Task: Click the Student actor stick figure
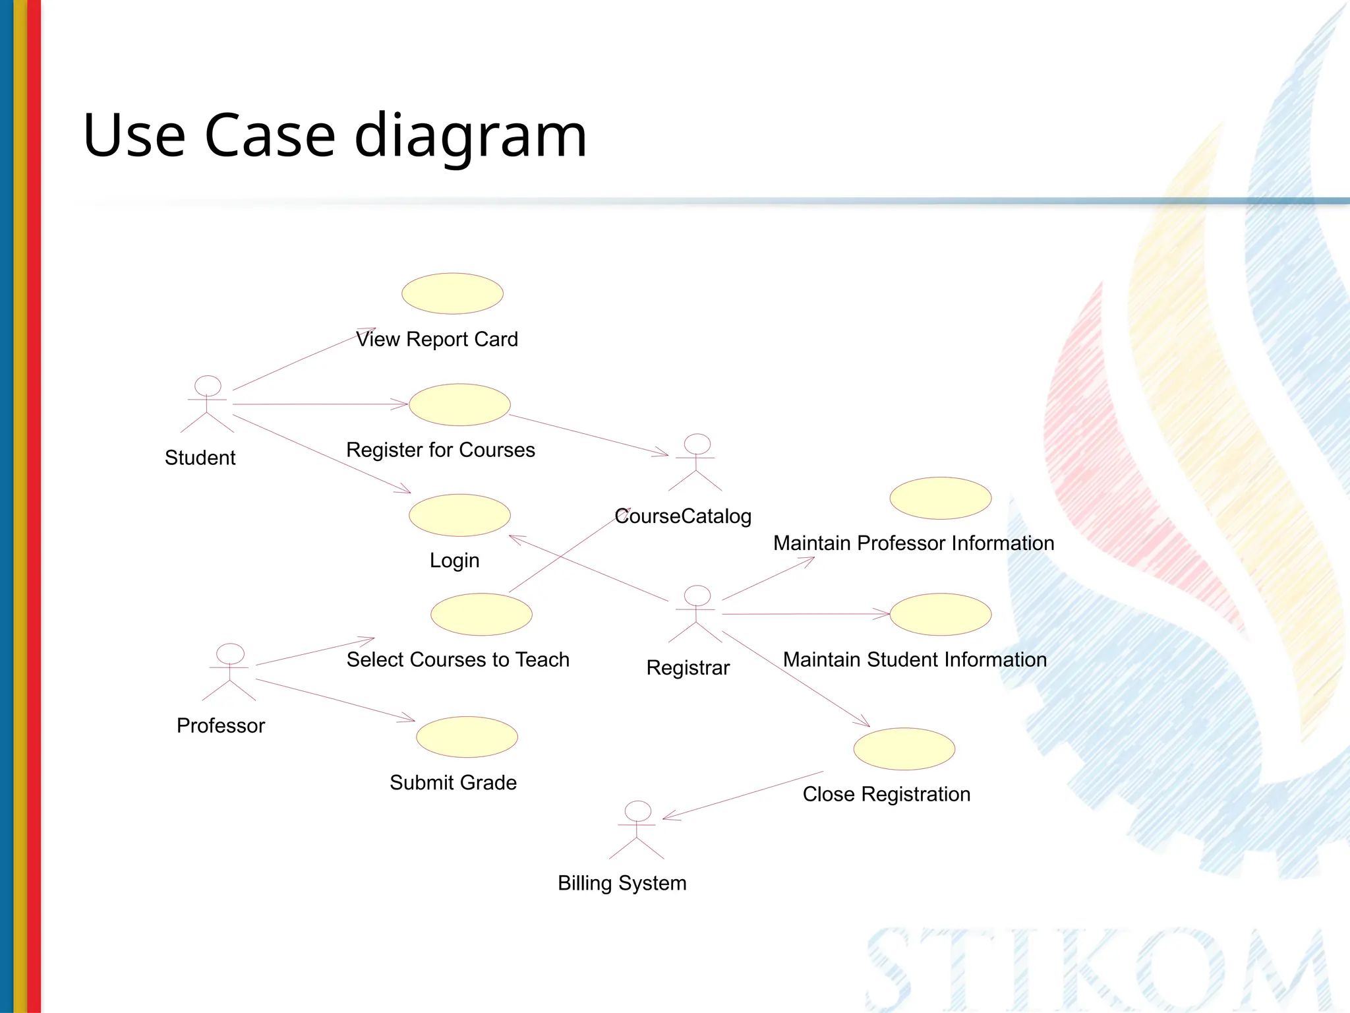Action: pos(207,404)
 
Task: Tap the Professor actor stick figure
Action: pos(229,672)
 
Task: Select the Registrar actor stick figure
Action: pos(696,614)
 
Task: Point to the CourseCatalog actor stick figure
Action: pos(696,462)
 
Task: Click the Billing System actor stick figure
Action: pos(637,830)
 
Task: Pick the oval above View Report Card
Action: pos(452,293)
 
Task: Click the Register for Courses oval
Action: pos(459,404)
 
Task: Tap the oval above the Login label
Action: pos(459,515)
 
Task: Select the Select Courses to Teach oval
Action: pos(481,614)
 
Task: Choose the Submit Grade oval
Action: pos(467,737)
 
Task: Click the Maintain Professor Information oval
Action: pos(940,498)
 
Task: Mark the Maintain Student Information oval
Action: pos(940,614)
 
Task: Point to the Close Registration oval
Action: pos(904,749)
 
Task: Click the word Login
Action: pos(454,561)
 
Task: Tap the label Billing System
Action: pos(622,882)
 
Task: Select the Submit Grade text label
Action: pos(453,782)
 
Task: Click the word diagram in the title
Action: pos(470,137)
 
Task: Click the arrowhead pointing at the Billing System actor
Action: pos(667,818)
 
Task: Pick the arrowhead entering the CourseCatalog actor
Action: pos(663,454)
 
